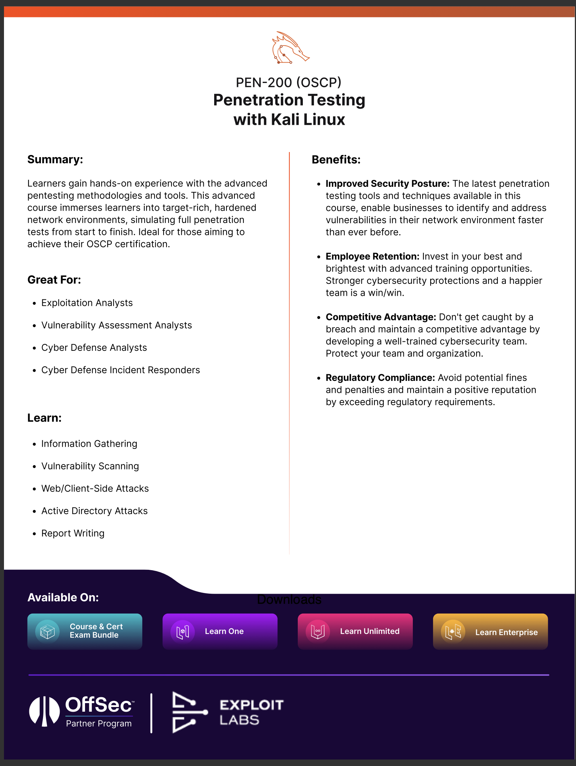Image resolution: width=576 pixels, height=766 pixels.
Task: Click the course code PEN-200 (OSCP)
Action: point(288,83)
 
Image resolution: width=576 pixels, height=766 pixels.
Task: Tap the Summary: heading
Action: point(55,160)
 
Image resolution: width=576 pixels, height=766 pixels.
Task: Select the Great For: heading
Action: point(54,280)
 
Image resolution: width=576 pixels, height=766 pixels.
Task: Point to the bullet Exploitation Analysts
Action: point(87,303)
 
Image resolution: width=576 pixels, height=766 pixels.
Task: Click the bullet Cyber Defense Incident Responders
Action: point(120,370)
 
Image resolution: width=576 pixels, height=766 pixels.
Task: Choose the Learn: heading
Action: point(44,418)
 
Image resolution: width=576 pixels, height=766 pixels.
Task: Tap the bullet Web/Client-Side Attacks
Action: point(95,489)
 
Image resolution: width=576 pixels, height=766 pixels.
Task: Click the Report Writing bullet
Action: point(73,534)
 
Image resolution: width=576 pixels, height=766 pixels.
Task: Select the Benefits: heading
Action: point(336,160)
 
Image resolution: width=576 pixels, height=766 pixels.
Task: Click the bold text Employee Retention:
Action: point(372,257)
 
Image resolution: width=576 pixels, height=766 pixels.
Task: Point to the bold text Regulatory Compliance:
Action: point(380,378)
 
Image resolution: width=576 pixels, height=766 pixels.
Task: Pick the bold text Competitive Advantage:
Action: point(381,317)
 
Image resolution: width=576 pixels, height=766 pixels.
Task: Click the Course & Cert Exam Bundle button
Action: point(85,631)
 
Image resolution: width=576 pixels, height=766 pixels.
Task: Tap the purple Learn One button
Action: point(220,631)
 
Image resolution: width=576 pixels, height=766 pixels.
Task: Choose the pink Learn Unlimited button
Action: point(355,631)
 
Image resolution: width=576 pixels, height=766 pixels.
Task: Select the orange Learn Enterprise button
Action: point(490,632)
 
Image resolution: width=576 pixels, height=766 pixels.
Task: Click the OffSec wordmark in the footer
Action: point(98,705)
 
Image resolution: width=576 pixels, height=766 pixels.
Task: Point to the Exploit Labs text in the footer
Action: point(251,712)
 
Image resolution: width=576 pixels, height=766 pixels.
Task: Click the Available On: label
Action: point(63,598)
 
